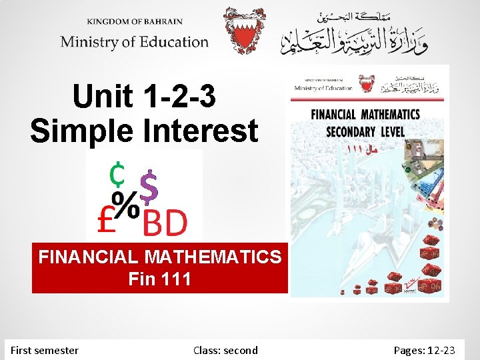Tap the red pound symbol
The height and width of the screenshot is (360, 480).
(x=108, y=221)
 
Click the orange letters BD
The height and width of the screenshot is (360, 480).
(x=165, y=224)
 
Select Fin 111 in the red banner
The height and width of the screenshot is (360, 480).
(x=159, y=279)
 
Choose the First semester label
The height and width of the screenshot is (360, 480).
(x=45, y=350)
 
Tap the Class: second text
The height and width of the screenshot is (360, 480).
(x=225, y=350)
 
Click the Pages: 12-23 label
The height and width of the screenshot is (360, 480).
(x=425, y=350)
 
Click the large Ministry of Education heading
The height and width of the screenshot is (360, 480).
(x=135, y=42)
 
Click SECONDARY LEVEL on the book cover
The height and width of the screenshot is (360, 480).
(x=365, y=131)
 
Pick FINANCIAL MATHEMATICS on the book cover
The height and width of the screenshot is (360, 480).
(x=365, y=115)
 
